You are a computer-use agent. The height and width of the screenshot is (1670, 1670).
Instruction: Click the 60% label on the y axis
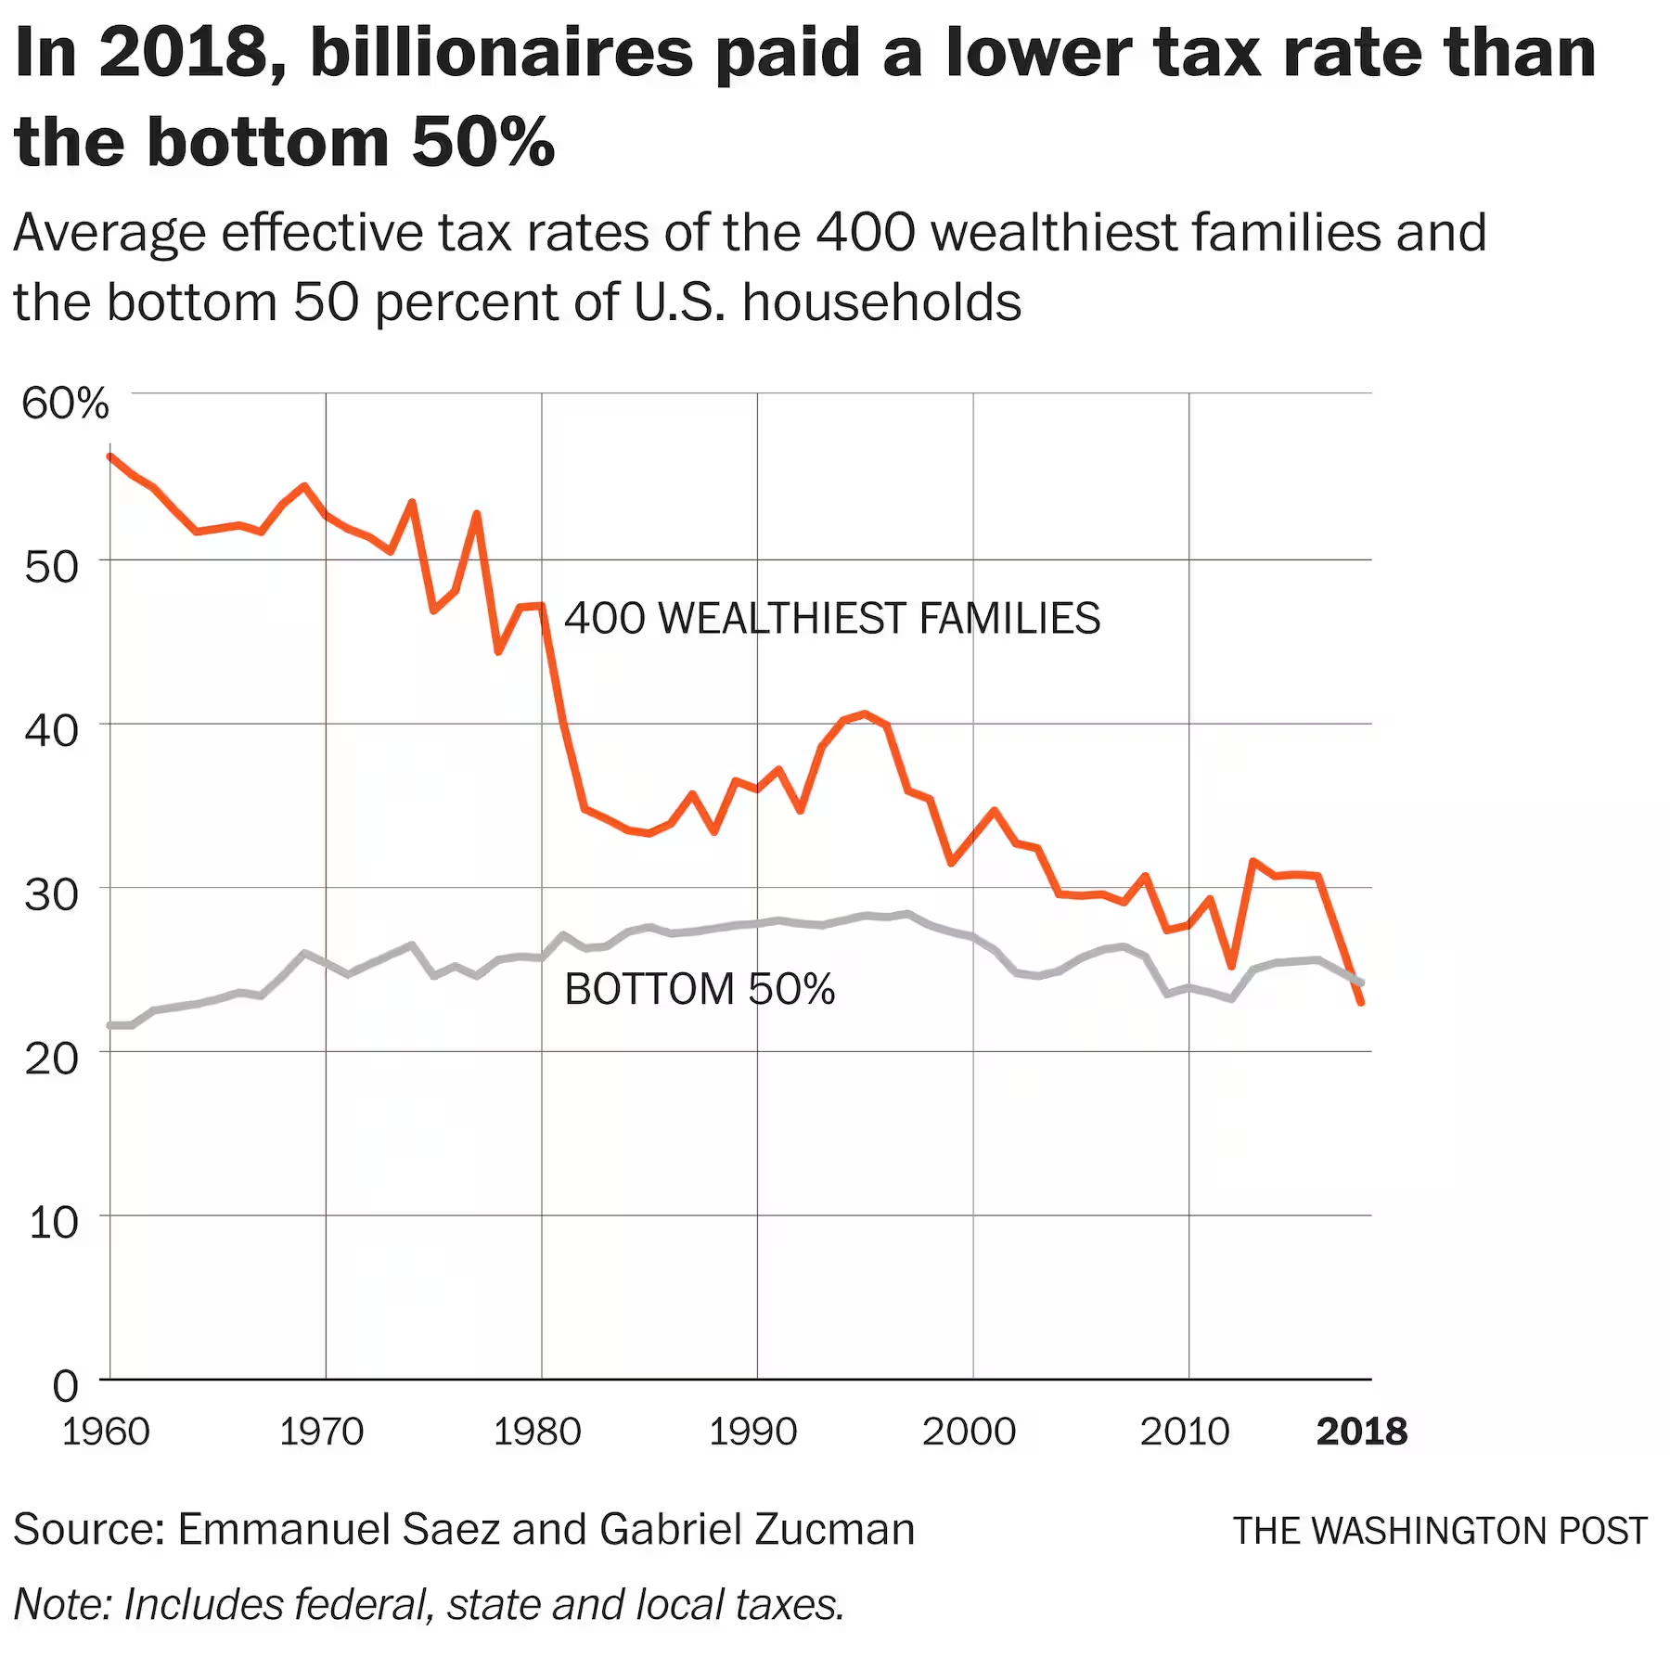[x=65, y=404]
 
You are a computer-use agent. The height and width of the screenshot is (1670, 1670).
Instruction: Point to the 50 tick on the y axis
[x=52, y=567]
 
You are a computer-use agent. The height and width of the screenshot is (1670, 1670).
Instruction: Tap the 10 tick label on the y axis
[x=54, y=1223]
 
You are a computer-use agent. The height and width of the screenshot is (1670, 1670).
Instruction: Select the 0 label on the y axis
[x=65, y=1386]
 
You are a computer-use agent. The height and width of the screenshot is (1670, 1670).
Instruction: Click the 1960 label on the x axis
[x=106, y=1432]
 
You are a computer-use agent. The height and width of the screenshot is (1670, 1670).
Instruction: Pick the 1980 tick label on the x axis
[x=537, y=1432]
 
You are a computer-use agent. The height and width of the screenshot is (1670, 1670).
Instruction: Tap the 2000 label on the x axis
[x=970, y=1432]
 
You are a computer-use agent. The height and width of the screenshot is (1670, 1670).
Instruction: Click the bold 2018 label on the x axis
[x=1362, y=1432]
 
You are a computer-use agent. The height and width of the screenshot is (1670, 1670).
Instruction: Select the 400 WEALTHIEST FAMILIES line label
[x=832, y=619]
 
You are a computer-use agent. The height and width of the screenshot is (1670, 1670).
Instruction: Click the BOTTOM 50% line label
[x=700, y=989]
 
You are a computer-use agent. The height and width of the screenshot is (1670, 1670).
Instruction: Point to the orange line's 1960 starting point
[x=110, y=456]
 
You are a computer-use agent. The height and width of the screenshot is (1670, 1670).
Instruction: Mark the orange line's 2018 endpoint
[x=1361, y=1003]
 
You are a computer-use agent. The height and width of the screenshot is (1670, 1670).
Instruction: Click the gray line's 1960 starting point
[x=110, y=1025]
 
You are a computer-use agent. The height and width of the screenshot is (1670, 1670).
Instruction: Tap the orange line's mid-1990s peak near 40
[x=865, y=713]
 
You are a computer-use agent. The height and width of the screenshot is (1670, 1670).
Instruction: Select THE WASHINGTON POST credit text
[x=1440, y=1531]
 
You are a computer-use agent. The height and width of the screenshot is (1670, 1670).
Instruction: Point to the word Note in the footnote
[x=58, y=1604]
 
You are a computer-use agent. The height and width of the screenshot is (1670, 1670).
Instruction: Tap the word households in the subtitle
[x=881, y=302]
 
